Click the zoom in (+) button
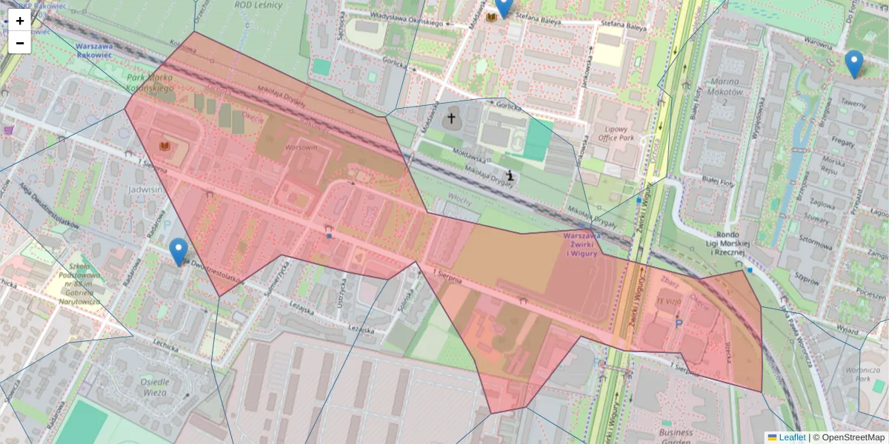(x=20, y=21)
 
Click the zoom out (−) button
(x=20, y=43)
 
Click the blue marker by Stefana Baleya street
(x=504, y=6)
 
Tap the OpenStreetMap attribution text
(x=853, y=437)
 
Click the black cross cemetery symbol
(x=450, y=118)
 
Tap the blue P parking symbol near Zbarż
(x=678, y=323)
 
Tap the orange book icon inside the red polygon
(x=164, y=147)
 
